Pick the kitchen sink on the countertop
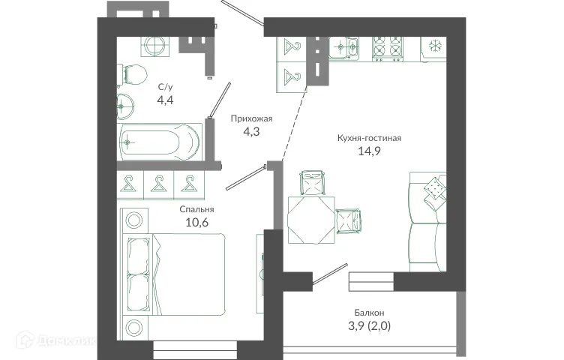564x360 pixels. tap(344, 48)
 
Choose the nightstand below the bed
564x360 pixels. tap(133, 327)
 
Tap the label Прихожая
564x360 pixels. tap(250, 118)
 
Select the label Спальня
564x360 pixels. tap(196, 210)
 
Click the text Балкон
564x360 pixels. tap(370, 312)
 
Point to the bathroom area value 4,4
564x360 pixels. tap(165, 100)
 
